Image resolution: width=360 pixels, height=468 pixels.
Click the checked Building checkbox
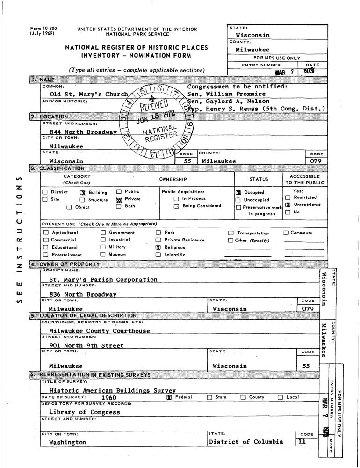pyautogui.click(x=82, y=192)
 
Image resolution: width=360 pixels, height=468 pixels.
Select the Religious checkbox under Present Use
pyautogui.click(x=158, y=247)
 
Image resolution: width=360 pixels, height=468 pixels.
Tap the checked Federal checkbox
pyautogui.click(x=169, y=397)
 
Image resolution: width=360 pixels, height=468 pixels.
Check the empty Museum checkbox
pyautogui.click(x=103, y=255)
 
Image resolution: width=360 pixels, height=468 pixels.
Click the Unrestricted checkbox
pyautogui.click(x=288, y=205)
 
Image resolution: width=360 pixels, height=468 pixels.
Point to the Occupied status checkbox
pyautogui.click(x=238, y=192)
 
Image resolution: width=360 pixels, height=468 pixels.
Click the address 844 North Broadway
pyautogui.click(x=83, y=132)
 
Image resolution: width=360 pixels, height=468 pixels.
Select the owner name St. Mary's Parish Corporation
pyautogui.click(x=103, y=279)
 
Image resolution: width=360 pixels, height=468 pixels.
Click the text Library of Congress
pyautogui.click(x=84, y=412)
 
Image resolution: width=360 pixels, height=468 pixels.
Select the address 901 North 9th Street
pyautogui.click(x=86, y=345)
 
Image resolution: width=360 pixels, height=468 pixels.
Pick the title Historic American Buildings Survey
pyautogui.click(x=112, y=390)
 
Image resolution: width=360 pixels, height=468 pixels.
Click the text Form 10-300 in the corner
pyautogui.click(x=43, y=29)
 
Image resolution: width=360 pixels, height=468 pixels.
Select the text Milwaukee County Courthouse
pyautogui.click(x=100, y=331)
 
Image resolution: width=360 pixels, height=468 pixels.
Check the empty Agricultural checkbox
pyautogui.click(x=45, y=233)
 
